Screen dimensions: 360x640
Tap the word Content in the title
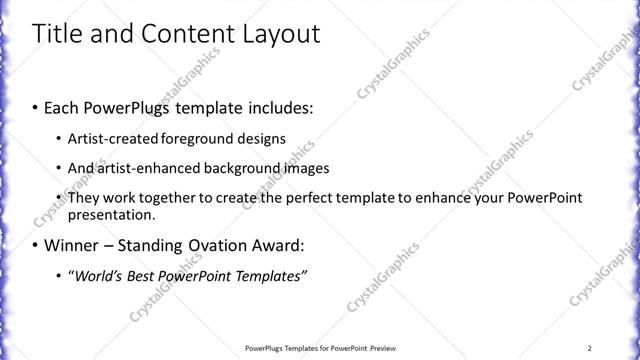(185, 34)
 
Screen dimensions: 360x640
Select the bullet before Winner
(36, 245)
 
